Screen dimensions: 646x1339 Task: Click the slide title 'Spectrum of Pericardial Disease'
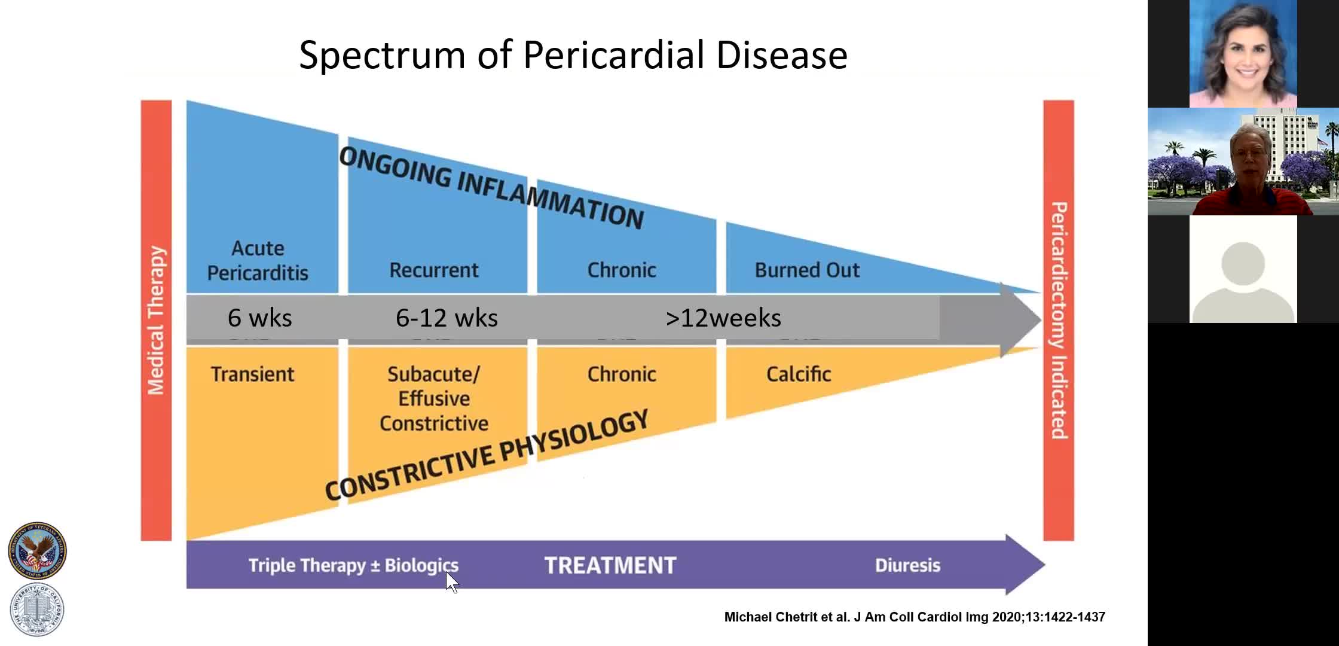click(573, 55)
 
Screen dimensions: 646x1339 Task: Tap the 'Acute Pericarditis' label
click(258, 260)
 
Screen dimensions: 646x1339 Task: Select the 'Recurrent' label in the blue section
click(434, 270)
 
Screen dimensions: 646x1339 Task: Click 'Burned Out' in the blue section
click(807, 270)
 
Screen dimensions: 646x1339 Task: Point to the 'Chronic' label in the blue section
click(622, 270)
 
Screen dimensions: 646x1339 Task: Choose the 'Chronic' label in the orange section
click(622, 374)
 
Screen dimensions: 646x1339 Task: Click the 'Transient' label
click(252, 374)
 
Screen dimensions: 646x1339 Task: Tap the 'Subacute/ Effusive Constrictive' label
click(434, 398)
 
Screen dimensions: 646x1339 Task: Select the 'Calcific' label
click(799, 374)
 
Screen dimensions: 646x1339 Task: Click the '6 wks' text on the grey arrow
click(260, 318)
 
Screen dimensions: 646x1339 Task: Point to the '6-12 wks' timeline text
click(447, 318)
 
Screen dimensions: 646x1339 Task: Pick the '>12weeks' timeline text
click(723, 318)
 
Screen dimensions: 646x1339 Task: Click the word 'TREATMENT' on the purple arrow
click(610, 565)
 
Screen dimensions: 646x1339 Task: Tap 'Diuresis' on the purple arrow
click(907, 565)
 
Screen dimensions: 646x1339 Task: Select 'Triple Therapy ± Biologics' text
click(353, 565)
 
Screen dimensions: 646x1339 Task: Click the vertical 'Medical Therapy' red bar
click(156, 321)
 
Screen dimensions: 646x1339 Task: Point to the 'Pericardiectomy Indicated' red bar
click(1059, 321)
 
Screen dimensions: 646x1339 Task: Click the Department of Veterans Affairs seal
click(37, 550)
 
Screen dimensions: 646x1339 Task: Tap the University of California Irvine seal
click(37, 610)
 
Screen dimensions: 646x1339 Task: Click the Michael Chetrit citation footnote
click(915, 617)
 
